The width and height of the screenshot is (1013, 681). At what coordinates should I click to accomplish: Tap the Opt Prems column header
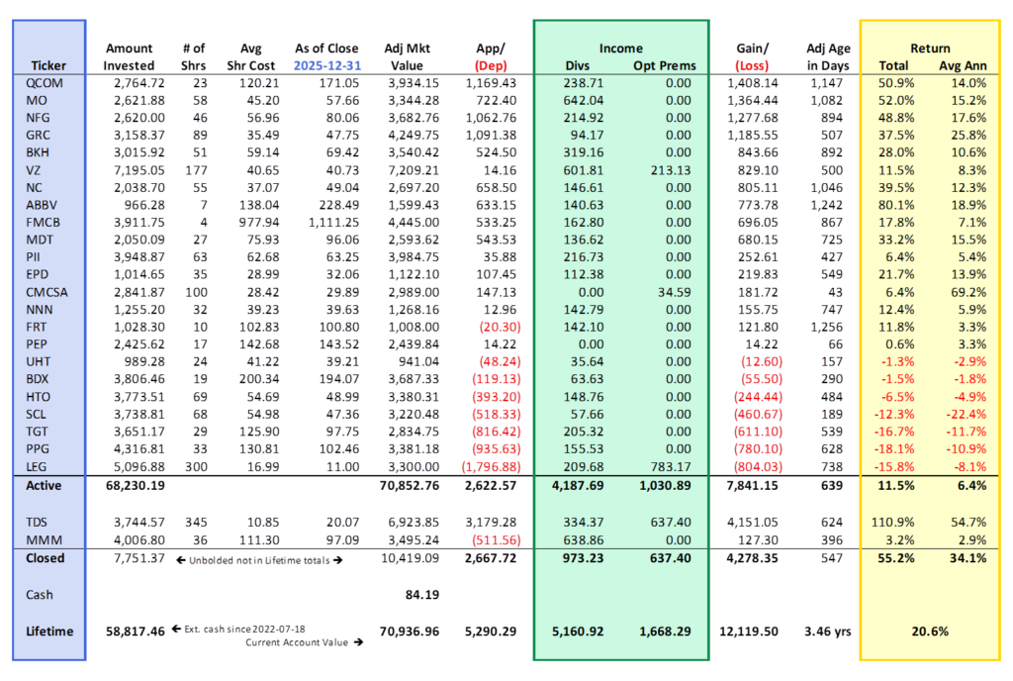(665, 65)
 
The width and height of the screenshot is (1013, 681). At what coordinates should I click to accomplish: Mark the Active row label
(43, 485)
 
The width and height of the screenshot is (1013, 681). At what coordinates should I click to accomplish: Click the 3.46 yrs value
(826, 631)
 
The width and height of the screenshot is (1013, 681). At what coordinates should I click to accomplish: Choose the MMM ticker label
(41, 538)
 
